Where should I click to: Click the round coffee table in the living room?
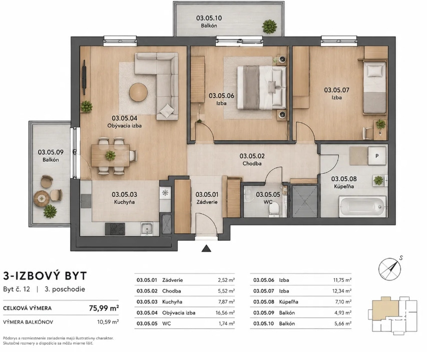[x=138, y=92]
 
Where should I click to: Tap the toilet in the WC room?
[x=273, y=210]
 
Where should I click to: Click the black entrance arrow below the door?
[x=206, y=248]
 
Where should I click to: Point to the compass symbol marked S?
[x=390, y=268]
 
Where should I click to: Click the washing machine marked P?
[x=377, y=156]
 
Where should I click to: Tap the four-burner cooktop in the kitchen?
[x=115, y=229]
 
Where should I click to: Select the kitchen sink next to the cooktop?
[x=147, y=228]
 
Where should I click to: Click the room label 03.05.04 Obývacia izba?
[x=125, y=122]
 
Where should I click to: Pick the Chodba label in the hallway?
[x=252, y=163]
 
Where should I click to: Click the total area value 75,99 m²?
[x=104, y=308]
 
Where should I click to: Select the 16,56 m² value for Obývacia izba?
[x=225, y=312]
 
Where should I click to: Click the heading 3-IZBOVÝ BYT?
[x=45, y=276]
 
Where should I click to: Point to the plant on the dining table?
[x=110, y=155]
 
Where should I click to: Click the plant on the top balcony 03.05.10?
[x=269, y=27]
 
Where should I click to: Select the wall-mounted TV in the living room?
[x=85, y=78]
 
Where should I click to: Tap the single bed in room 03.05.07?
[x=374, y=87]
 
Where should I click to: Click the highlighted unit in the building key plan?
[x=385, y=308]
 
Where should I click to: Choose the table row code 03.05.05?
[x=147, y=323]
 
